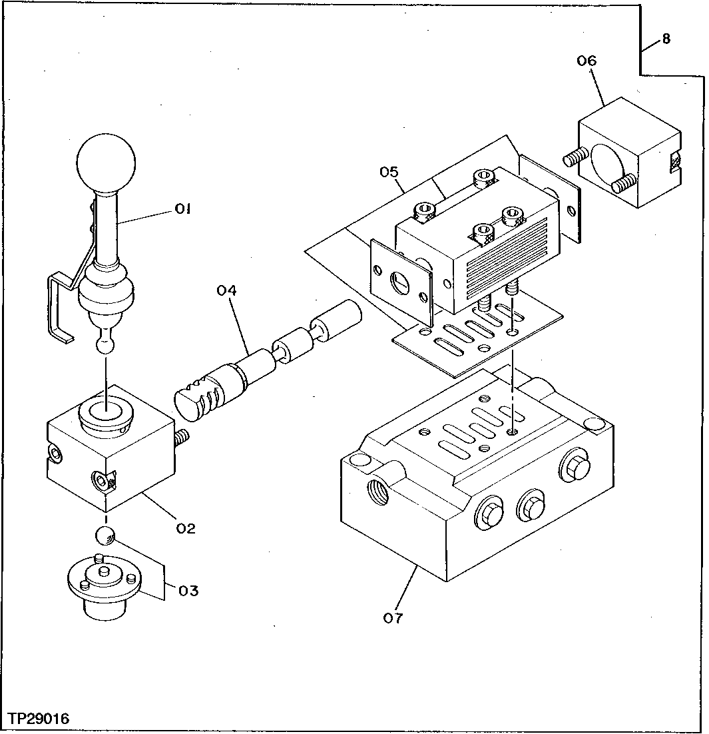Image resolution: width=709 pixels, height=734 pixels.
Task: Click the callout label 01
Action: pos(184,209)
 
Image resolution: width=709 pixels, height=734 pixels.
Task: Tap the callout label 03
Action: pos(188,590)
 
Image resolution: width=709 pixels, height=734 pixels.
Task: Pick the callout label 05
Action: pos(389,173)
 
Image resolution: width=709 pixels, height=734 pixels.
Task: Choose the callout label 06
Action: pos(587,61)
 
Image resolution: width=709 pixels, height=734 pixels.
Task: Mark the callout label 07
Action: pos(393,618)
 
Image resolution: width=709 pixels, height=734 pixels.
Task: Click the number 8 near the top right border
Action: pos(666,39)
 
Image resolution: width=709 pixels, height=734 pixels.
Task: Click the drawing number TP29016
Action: pos(39,719)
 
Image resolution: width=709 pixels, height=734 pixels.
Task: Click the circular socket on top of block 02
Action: pos(105,418)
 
